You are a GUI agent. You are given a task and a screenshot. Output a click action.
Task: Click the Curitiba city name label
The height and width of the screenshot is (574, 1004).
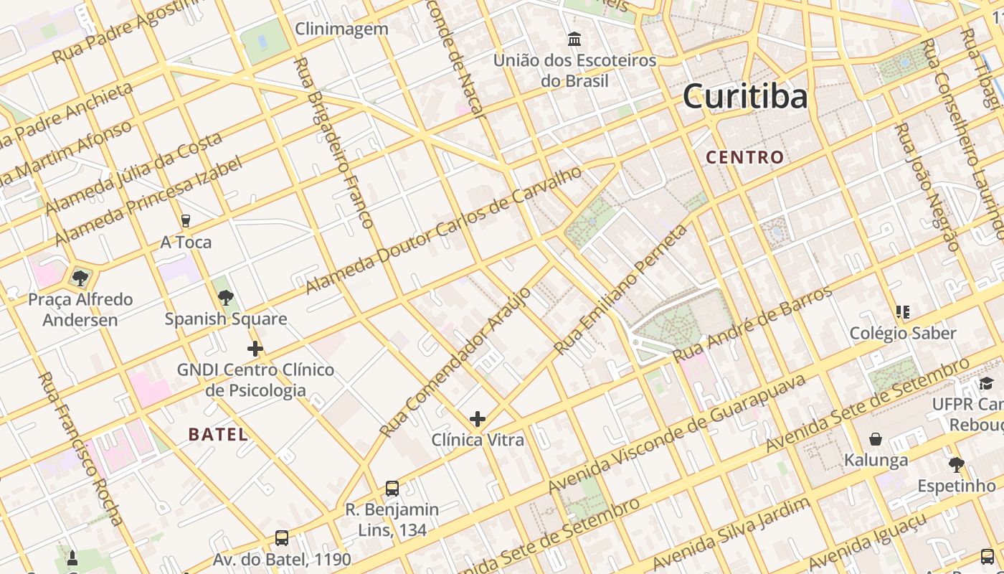(745, 96)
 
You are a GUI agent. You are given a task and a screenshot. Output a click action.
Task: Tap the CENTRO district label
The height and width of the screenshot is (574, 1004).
(745, 157)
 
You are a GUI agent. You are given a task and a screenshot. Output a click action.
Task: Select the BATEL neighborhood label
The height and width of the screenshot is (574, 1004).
(218, 434)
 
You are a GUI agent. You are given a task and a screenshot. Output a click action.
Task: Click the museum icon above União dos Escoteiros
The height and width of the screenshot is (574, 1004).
(574, 39)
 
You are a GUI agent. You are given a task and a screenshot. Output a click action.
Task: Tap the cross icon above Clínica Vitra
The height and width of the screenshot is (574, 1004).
(478, 418)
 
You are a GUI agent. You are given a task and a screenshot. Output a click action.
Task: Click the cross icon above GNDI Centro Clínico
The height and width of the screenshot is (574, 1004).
(255, 349)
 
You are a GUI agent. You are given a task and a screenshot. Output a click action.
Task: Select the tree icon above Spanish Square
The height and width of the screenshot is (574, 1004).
(226, 297)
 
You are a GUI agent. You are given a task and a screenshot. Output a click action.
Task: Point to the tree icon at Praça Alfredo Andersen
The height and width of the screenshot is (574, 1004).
(80, 278)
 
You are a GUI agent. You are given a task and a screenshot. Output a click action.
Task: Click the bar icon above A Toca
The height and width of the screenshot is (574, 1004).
(186, 221)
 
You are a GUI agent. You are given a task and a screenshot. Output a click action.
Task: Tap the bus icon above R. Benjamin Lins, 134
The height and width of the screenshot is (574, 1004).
(392, 488)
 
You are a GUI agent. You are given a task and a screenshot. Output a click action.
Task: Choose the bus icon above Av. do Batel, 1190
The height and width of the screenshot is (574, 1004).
(282, 538)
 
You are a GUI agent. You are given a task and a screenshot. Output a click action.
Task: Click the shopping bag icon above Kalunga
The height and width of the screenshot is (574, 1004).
(876, 438)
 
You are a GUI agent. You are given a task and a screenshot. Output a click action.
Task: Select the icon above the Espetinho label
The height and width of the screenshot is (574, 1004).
(957, 465)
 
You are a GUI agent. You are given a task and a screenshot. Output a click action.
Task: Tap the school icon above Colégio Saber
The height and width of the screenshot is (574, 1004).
(902, 312)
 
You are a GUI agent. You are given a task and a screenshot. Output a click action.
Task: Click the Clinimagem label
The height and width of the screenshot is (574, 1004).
(342, 29)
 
